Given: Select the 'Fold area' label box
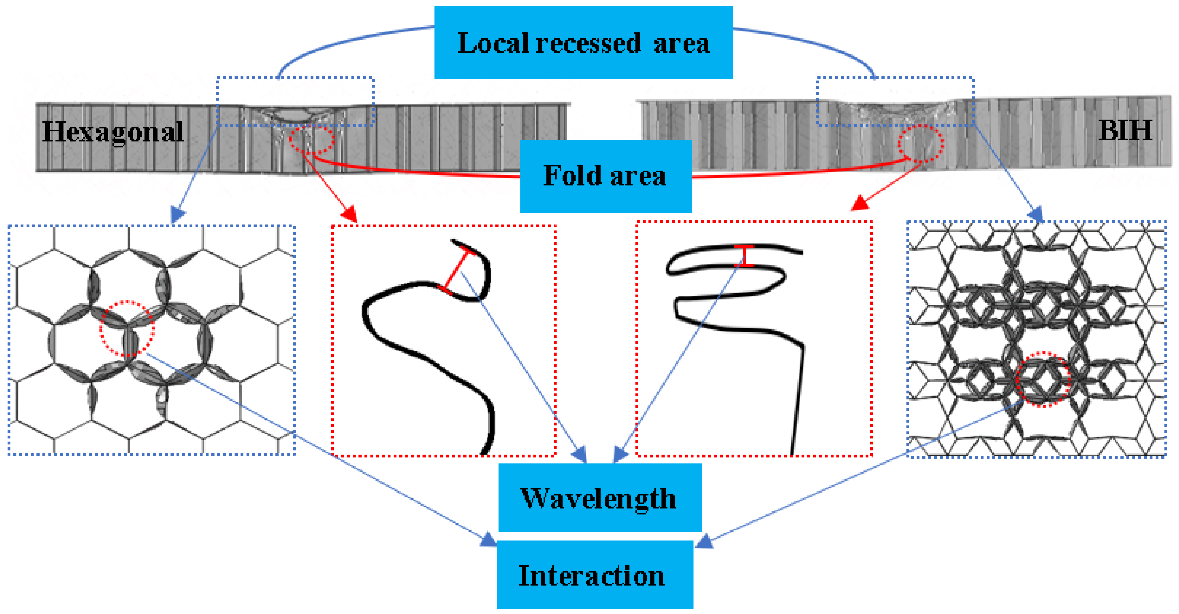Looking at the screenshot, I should tap(606, 176).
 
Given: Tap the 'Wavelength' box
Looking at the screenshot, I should tap(599, 497).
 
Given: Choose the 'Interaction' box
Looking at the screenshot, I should tap(595, 575).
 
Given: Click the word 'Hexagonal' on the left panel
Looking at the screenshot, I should tap(113, 132).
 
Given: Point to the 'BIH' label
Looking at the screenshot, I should tap(1125, 130).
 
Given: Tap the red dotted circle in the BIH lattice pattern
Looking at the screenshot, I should tap(1043, 379).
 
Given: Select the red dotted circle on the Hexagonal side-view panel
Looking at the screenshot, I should tap(311, 140).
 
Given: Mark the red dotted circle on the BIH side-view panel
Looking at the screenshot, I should tap(920, 144).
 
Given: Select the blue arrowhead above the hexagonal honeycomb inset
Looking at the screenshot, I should tap(178, 214).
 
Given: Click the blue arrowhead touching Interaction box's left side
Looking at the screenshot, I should tap(489, 540).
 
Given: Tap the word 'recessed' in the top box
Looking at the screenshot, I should tap(588, 43).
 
